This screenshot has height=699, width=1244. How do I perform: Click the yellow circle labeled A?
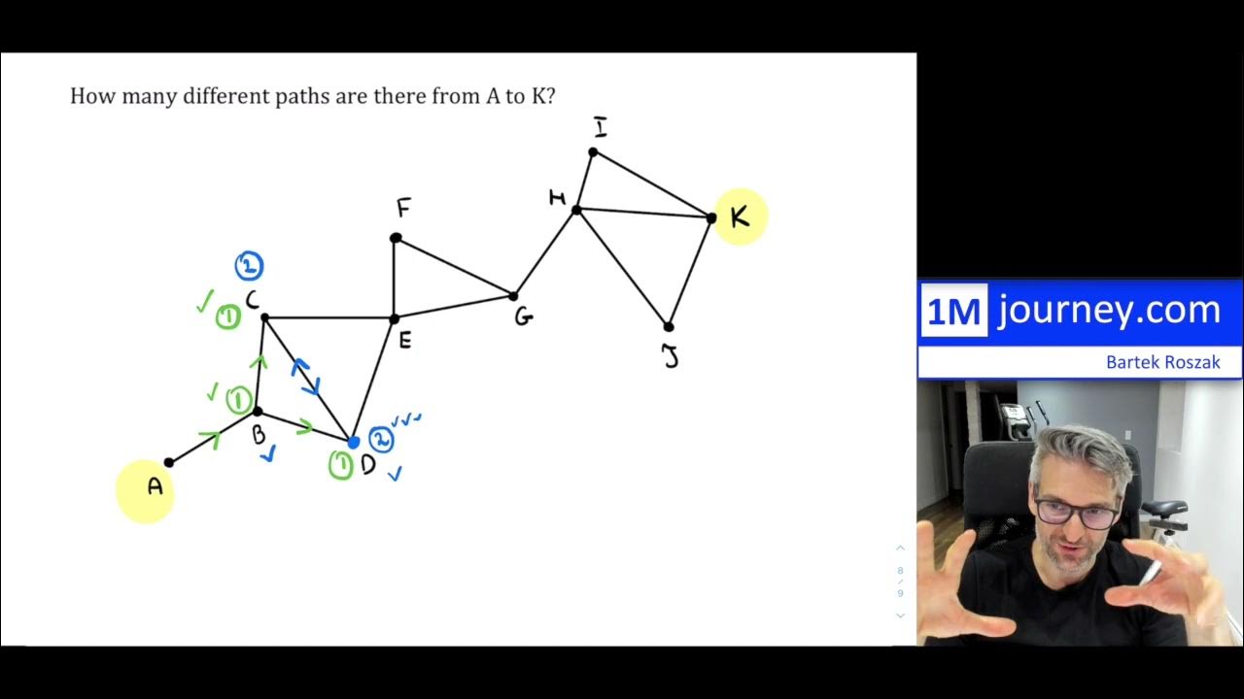click(146, 490)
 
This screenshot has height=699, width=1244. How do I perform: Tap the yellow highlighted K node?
click(741, 216)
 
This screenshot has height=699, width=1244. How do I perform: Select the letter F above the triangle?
click(403, 208)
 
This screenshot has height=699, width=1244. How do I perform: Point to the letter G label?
click(524, 317)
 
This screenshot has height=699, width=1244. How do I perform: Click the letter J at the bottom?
click(671, 357)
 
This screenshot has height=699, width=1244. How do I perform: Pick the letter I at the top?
click(601, 128)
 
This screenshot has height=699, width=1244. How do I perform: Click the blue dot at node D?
click(354, 443)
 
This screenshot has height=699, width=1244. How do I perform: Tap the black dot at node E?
click(395, 318)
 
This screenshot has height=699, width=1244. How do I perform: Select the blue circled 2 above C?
click(249, 265)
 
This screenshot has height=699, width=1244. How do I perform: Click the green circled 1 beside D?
click(340, 466)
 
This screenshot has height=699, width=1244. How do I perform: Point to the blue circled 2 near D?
click(381, 440)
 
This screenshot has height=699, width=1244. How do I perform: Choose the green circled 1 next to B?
click(239, 399)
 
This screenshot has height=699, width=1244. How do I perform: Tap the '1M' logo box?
click(953, 311)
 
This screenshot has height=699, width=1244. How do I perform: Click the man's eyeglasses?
click(1076, 512)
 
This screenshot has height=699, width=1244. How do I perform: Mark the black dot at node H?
click(576, 209)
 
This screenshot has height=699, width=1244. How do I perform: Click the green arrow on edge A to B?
click(209, 440)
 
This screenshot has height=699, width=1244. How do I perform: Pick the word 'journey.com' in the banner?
click(1109, 311)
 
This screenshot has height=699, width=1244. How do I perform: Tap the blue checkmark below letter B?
click(267, 453)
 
